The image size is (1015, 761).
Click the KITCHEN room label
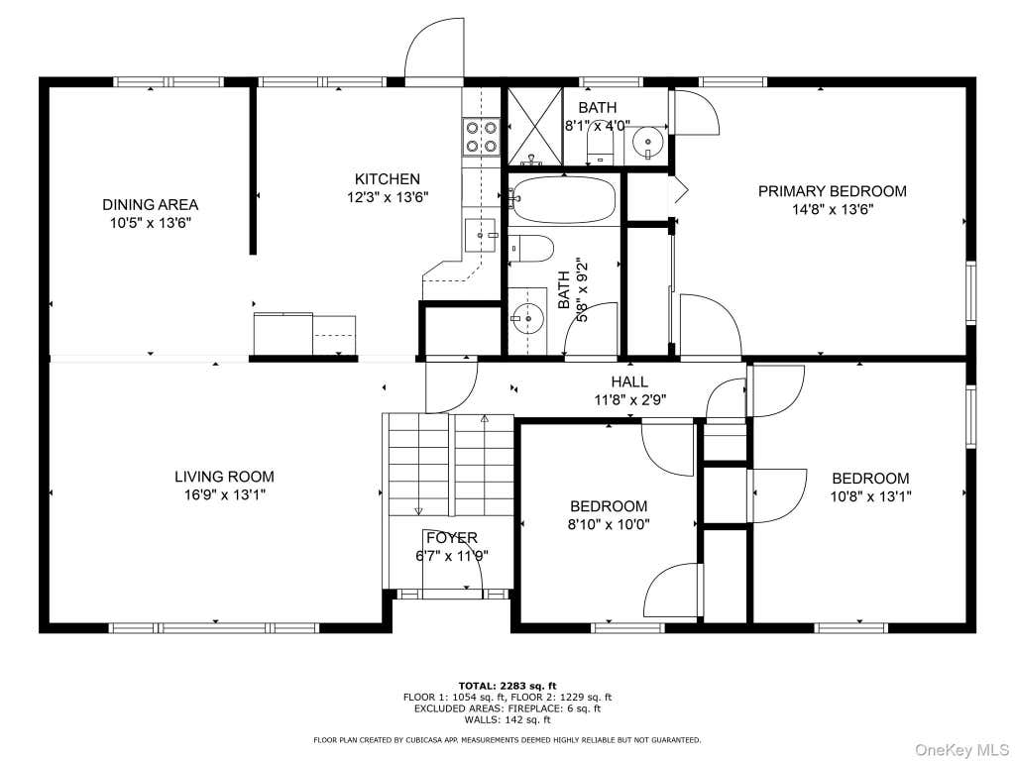pyautogui.click(x=388, y=179)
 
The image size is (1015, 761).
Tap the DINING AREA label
pyautogui.click(x=151, y=205)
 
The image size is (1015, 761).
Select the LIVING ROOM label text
pyautogui.click(x=224, y=477)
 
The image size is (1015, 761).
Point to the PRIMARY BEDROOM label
pyautogui.click(x=832, y=191)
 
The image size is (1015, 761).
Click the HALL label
pyautogui.click(x=629, y=382)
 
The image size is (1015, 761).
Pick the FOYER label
pyautogui.click(x=452, y=538)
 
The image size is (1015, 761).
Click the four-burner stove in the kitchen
pyautogui.click(x=481, y=137)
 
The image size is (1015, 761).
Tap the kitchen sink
pyautogui.click(x=481, y=236)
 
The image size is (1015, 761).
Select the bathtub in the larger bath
pyautogui.click(x=563, y=199)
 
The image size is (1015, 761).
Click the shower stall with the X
pyautogui.click(x=534, y=126)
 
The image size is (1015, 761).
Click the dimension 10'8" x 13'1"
pyautogui.click(x=870, y=497)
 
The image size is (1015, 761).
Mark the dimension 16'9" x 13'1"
pyautogui.click(x=224, y=495)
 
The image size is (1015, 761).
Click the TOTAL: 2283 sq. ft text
pyautogui.click(x=507, y=686)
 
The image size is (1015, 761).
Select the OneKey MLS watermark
pyautogui.click(x=961, y=749)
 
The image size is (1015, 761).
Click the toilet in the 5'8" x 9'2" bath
pyautogui.click(x=531, y=249)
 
